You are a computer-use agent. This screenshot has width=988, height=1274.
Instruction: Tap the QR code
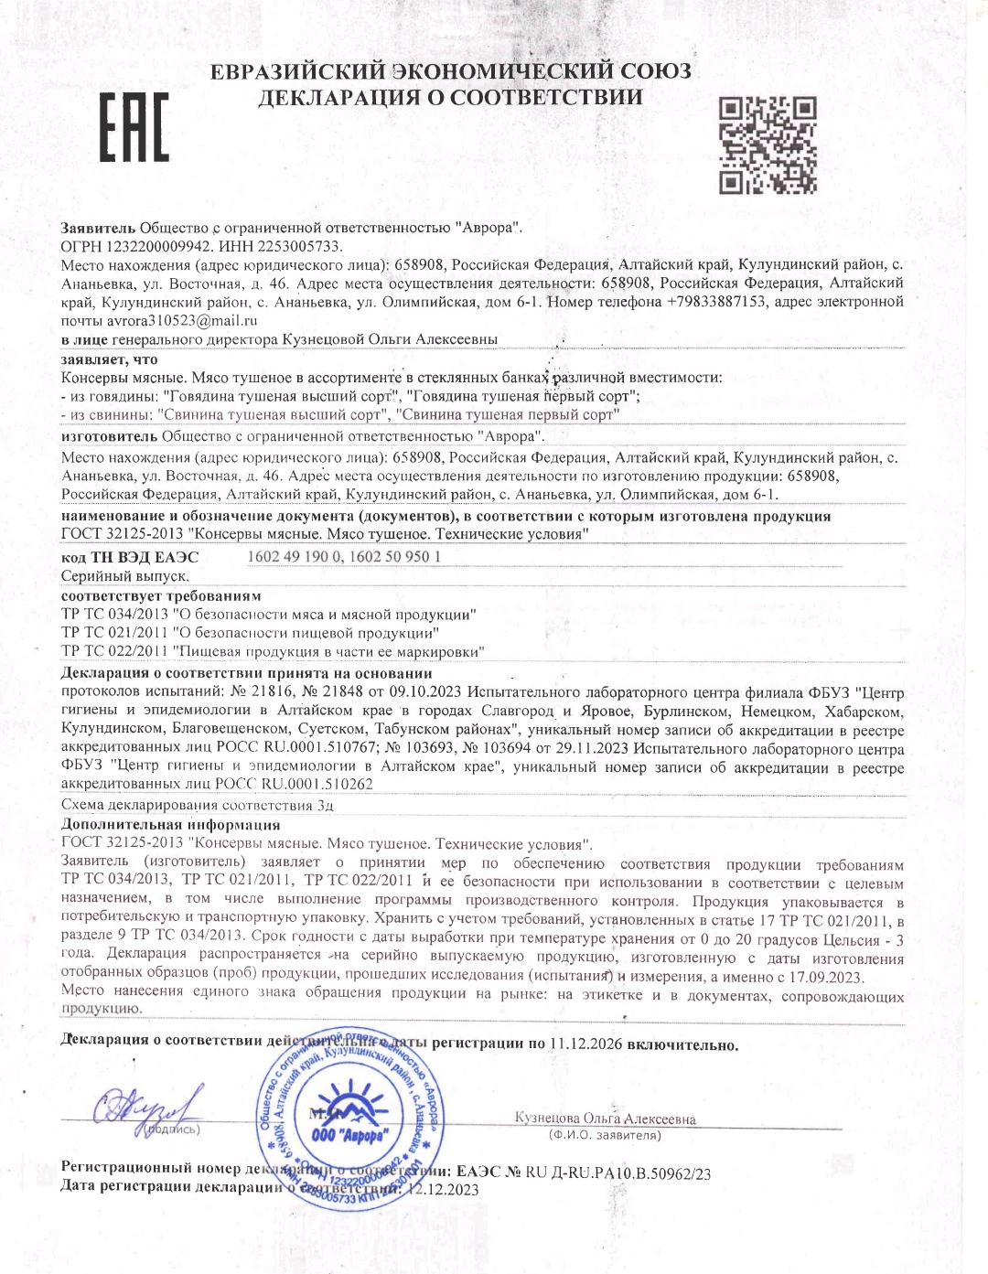767,145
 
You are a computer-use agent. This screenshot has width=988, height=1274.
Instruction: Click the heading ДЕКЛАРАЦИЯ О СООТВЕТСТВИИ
450,98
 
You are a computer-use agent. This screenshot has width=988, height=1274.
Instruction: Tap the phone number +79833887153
716,302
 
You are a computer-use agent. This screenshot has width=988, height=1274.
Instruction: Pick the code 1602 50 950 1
396,557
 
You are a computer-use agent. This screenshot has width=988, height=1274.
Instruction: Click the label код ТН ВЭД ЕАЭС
129,557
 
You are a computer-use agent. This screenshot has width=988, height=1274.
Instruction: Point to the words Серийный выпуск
125,576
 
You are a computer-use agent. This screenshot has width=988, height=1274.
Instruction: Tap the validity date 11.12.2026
586,1044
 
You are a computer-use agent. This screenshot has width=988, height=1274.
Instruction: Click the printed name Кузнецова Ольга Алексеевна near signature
605,1119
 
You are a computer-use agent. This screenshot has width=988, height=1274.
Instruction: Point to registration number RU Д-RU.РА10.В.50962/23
618,1172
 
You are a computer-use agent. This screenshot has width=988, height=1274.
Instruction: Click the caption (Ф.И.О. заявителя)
605,1136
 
